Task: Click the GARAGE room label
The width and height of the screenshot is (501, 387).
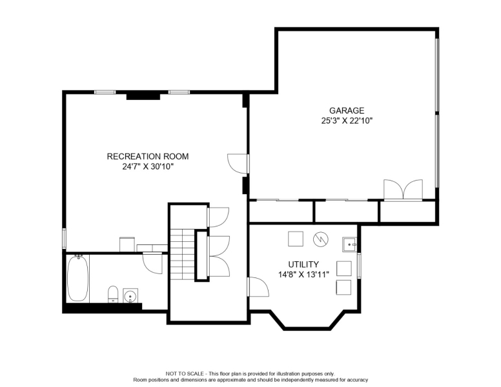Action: click(x=347, y=110)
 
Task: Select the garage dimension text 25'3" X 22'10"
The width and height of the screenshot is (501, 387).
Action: click(x=347, y=121)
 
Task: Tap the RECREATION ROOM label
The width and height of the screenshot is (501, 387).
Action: click(x=148, y=156)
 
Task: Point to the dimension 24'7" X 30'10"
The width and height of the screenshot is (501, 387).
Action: click(x=148, y=166)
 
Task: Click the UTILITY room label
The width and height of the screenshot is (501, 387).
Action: click(x=303, y=264)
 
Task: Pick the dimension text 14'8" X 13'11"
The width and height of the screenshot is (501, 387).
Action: click(x=303, y=274)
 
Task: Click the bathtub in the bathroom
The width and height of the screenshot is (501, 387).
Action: click(x=77, y=278)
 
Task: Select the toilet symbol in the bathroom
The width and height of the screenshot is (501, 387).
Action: click(x=112, y=294)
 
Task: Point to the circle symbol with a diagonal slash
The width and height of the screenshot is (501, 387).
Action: click(x=321, y=239)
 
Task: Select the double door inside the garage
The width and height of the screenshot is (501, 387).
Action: click(x=404, y=190)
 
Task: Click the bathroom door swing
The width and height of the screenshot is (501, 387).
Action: click(x=153, y=261)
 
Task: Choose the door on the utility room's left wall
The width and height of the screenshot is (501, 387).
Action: click(x=258, y=286)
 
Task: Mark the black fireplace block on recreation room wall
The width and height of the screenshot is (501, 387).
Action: click(x=143, y=95)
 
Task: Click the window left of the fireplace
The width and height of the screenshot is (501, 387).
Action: click(x=105, y=92)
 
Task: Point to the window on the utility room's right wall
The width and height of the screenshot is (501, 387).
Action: click(x=360, y=265)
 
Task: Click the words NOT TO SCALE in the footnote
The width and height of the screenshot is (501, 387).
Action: click(x=186, y=373)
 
